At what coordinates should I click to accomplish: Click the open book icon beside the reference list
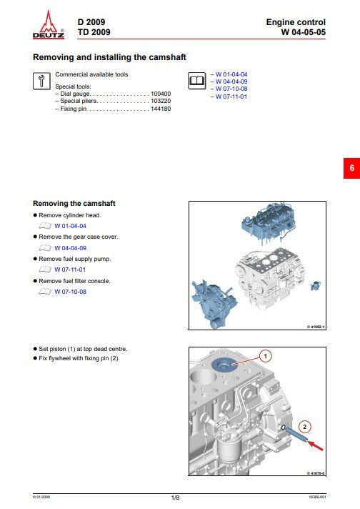click(195, 81)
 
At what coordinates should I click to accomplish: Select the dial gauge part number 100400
click(161, 93)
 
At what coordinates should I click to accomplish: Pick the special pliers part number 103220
click(161, 101)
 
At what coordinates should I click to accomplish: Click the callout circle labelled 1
click(264, 355)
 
